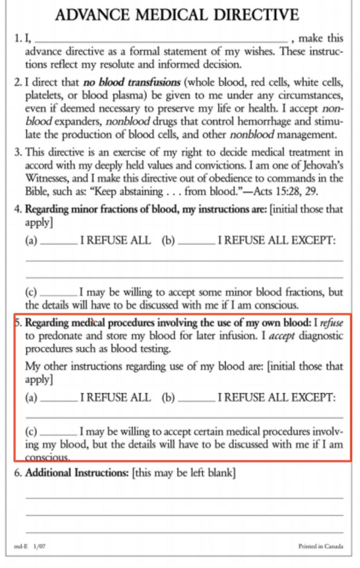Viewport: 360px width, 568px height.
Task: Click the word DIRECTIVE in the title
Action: [256, 15]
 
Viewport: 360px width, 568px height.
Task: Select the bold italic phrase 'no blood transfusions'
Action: [132, 83]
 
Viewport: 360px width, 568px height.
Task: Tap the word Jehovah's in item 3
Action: [323, 165]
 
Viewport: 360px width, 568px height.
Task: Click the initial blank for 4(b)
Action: [197, 242]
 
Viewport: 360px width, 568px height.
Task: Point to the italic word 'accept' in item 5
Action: [282, 336]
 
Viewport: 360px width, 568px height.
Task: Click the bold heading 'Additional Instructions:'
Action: [77, 473]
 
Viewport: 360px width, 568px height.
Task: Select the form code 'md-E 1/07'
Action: [30, 546]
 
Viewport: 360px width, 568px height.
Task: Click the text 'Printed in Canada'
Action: [321, 546]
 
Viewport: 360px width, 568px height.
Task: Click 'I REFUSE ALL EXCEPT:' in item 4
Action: [277, 241]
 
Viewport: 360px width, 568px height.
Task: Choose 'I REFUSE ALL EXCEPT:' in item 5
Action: [277, 398]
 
